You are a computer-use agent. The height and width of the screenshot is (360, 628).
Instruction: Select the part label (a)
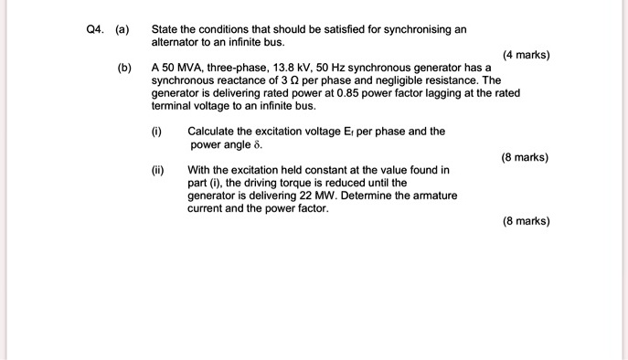click(x=122, y=29)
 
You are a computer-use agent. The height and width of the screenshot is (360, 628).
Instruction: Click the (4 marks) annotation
click(x=526, y=55)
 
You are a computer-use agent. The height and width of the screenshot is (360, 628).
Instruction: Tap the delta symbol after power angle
click(x=256, y=145)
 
